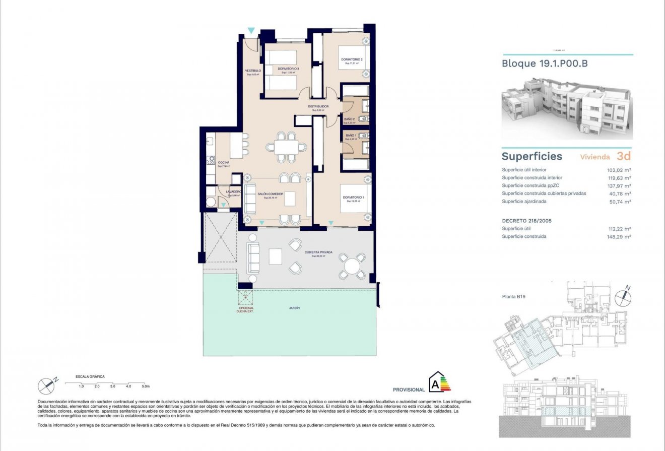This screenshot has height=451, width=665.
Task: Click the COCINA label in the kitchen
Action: pos(224,163)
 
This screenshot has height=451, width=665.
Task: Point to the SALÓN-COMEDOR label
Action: pos(271,194)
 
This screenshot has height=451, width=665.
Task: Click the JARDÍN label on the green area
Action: pos(288,307)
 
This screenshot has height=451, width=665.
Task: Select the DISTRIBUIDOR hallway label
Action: pos(319,106)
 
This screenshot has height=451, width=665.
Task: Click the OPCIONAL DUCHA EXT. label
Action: pos(245,310)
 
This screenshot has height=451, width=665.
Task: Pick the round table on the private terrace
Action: pos(352,266)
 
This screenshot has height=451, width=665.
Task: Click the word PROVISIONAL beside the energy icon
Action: pos(409,390)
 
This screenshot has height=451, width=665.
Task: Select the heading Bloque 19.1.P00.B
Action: pos(545,64)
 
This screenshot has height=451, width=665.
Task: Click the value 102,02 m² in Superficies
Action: pos(620,170)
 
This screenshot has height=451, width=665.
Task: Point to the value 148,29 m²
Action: pos(620,236)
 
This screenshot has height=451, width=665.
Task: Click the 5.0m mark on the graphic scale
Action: pos(146,386)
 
